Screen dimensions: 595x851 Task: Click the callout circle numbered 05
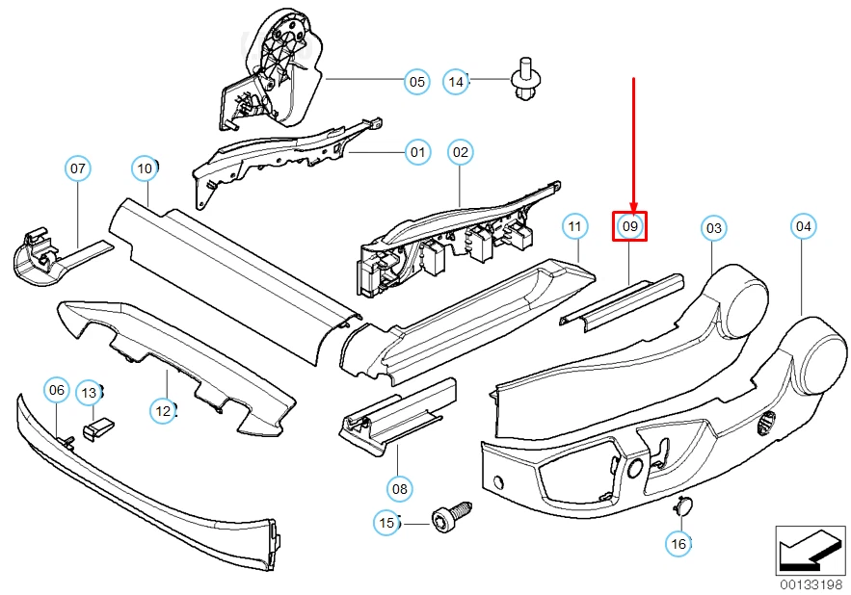point(416,82)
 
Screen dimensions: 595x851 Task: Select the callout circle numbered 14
point(457,82)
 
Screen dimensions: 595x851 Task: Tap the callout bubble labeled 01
point(417,151)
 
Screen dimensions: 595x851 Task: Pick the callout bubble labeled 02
point(461,151)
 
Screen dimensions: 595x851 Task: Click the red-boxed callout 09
point(630,227)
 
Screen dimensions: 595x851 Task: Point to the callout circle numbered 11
point(574,227)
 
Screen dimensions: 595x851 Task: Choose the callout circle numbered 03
point(713,228)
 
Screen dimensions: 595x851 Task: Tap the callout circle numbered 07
point(78,169)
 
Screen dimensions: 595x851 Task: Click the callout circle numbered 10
point(145,169)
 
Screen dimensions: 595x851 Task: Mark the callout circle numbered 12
point(163,411)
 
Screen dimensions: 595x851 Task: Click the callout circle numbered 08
point(400,489)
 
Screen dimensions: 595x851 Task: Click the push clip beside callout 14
point(523,81)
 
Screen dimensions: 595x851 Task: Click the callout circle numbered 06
point(57,390)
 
